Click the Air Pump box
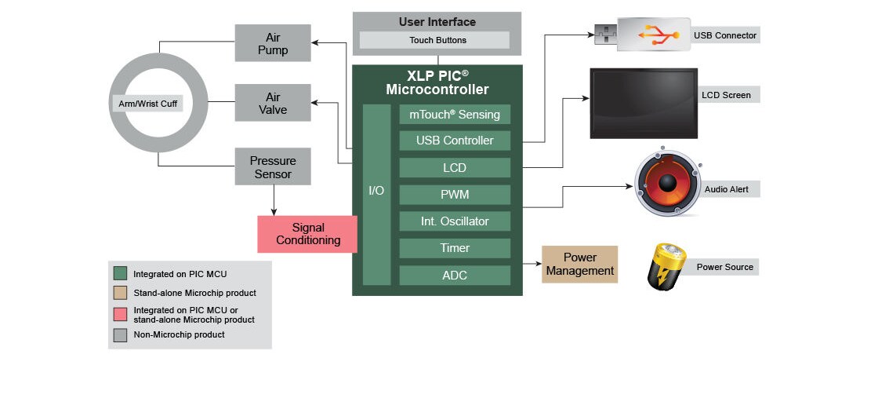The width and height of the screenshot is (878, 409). click(273, 43)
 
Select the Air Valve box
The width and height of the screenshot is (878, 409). click(273, 103)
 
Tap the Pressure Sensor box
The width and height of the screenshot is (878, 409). click(273, 166)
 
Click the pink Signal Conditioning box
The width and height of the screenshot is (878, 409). click(307, 234)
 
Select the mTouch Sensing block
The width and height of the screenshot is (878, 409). click(455, 115)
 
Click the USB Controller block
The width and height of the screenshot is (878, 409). click(455, 141)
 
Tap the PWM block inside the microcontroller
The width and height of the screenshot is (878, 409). click(455, 195)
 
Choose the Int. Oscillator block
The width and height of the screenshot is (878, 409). click(455, 221)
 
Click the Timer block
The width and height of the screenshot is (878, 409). click(455, 248)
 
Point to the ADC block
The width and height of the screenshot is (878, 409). click(455, 276)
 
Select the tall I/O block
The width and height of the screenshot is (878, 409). click(377, 195)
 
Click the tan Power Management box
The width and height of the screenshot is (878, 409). click(580, 265)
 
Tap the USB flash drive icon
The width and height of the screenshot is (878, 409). click(642, 35)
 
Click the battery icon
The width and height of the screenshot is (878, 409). click(666, 266)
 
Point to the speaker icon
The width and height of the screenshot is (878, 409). click(667, 183)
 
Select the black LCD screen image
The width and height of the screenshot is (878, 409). click(644, 104)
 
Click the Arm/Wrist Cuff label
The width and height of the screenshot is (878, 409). click(148, 104)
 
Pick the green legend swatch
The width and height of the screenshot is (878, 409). click(121, 273)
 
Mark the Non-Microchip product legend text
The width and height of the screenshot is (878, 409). click(180, 334)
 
